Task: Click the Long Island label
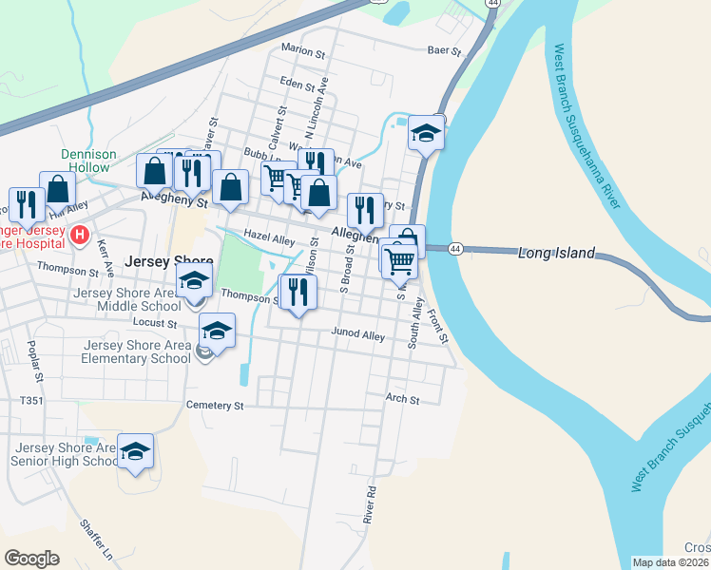click(x=556, y=254)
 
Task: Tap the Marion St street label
click(x=301, y=48)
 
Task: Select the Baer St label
click(x=444, y=50)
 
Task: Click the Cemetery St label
click(x=216, y=406)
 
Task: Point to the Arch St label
click(x=402, y=400)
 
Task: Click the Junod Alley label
click(x=357, y=334)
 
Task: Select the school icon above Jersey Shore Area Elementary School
click(x=217, y=332)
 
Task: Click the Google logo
click(x=31, y=559)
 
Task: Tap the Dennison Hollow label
click(x=88, y=161)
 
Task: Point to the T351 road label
click(x=31, y=401)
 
